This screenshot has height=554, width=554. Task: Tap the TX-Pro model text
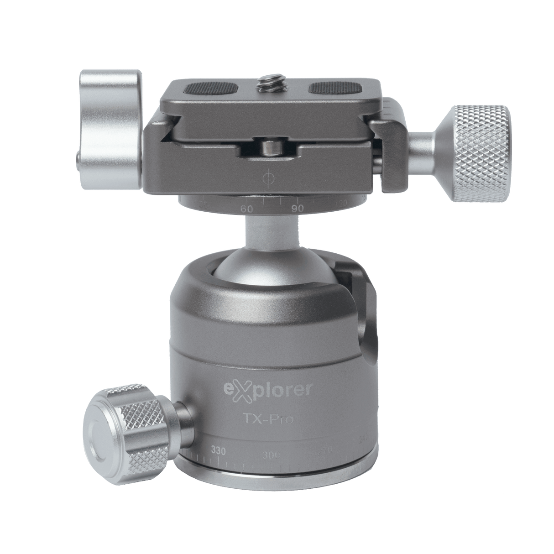(276, 419)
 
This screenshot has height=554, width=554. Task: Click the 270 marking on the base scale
(324, 452)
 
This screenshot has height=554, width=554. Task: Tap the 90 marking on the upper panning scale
(298, 208)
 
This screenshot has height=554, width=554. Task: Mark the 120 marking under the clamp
(341, 203)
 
